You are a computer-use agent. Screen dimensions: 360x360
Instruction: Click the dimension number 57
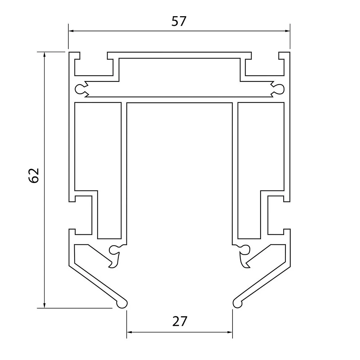click(179, 21)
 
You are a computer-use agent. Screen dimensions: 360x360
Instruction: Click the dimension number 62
click(34, 175)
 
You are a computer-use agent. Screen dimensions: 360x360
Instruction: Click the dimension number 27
click(180, 321)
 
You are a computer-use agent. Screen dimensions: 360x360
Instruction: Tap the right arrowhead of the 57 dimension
click(287, 31)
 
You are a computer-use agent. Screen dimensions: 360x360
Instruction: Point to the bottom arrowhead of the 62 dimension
click(45, 305)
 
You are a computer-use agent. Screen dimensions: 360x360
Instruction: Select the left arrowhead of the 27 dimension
click(130, 332)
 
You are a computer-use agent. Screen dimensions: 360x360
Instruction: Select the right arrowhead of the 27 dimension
click(230, 332)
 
